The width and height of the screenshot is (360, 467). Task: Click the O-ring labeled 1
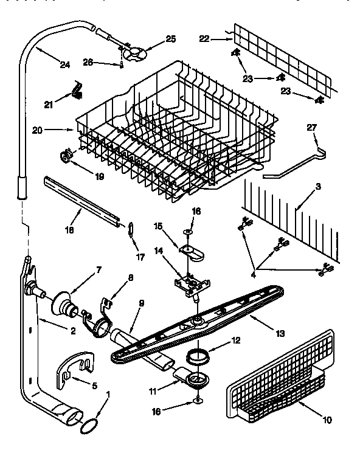click(89, 424)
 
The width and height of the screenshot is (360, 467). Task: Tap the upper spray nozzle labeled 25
click(133, 53)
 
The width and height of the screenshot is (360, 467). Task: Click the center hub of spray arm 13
click(197, 320)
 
